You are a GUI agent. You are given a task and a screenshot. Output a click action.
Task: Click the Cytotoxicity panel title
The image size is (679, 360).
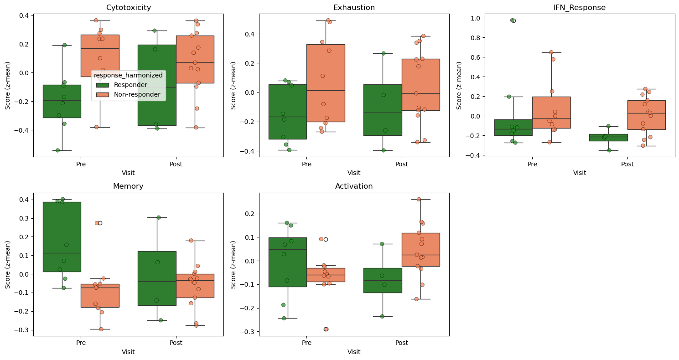[x=128, y=7]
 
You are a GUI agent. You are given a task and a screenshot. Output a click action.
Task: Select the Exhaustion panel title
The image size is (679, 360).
[x=354, y=7]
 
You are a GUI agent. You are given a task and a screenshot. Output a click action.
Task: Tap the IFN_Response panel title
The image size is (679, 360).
[x=580, y=7]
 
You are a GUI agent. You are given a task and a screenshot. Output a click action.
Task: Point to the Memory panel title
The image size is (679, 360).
[x=128, y=186]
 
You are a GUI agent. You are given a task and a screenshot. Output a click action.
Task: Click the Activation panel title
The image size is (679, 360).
[x=354, y=186]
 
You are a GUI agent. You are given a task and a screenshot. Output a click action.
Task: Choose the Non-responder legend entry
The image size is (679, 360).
[x=129, y=94]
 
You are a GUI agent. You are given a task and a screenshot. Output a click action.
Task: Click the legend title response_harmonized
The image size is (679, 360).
[x=129, y=75]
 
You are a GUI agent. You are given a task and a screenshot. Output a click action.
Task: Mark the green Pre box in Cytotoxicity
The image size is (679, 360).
[x=62, y=101]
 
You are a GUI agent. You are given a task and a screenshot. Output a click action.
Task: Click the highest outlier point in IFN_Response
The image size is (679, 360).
[x=513, y=21]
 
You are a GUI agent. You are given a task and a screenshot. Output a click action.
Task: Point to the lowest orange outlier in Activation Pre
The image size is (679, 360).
[x=326, y=329]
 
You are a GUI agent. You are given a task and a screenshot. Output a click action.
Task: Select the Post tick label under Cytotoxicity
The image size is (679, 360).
[x=176, y=164]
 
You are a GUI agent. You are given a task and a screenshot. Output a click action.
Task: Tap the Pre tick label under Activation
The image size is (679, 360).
[x=307, y=343]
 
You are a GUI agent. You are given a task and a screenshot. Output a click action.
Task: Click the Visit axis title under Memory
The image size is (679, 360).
[x=128, y=352]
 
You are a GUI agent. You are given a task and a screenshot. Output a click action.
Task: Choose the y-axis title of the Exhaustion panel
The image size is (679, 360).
[x=233, y=85]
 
